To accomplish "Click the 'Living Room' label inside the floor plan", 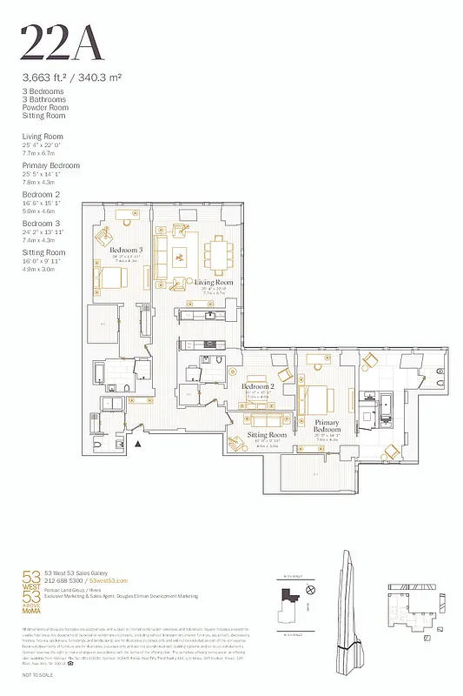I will click(214, 283).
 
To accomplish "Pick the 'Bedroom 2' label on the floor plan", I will click(258, 385).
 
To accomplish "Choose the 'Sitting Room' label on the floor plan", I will click(267, 434).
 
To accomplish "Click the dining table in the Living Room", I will click(216, 255).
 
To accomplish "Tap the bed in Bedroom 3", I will click(113, 280).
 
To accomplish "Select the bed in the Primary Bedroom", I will click(316, 399).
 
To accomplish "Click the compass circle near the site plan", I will click(310, 590).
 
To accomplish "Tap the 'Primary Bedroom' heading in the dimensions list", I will click(50, 165).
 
